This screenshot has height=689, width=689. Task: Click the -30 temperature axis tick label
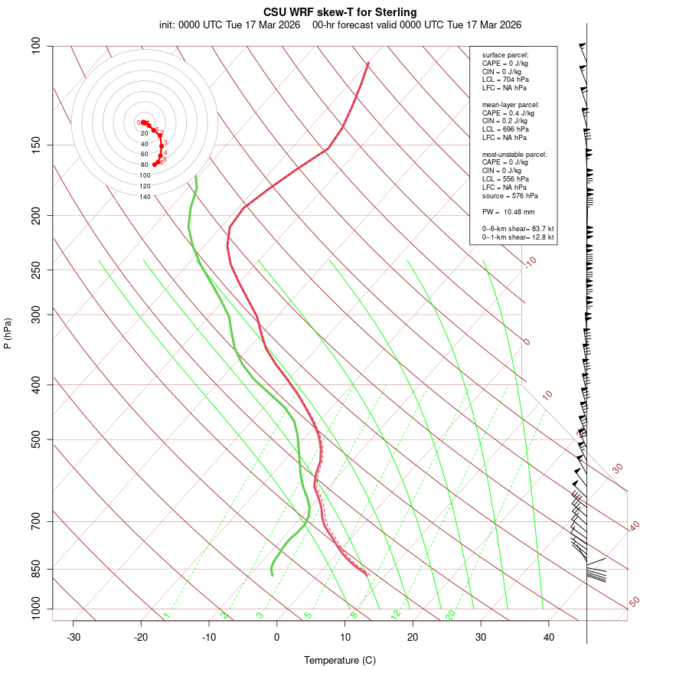73,637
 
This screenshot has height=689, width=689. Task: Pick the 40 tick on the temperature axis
549,637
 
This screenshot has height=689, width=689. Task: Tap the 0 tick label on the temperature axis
277,637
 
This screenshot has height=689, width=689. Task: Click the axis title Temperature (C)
340,660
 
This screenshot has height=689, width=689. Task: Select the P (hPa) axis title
8,333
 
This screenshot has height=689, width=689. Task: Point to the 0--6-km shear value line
518,229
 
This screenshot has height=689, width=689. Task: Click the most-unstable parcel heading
514,154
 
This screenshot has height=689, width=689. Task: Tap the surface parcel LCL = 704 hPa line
505,80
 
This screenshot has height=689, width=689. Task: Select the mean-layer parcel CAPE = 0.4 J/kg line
508,113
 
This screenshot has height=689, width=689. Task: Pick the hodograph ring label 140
145,197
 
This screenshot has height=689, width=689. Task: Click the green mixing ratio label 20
450,614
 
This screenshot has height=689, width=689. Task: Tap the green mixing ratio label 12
396,614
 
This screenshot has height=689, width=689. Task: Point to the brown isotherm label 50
634,602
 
